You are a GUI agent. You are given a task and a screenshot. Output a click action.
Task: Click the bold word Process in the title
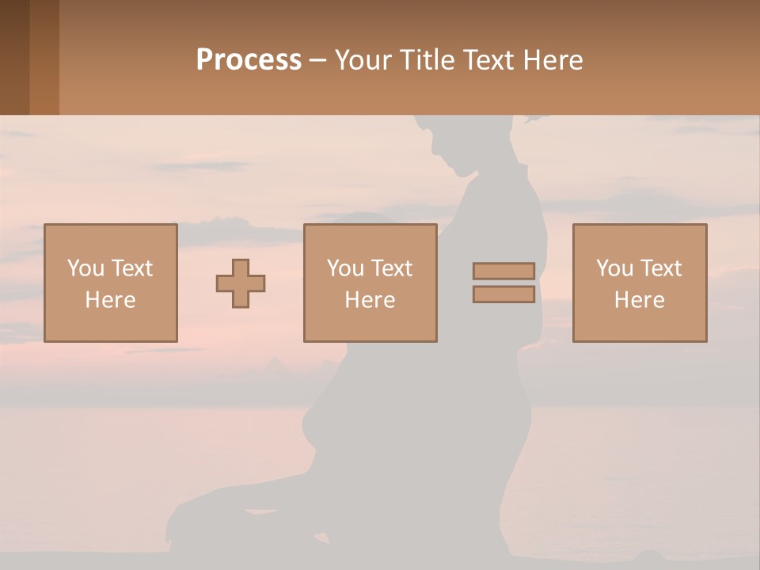249,60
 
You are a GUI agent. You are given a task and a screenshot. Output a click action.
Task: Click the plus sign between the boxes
241,283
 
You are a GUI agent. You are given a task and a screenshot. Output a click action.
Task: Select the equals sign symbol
503,283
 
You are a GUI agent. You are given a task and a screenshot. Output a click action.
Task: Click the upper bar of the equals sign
503,271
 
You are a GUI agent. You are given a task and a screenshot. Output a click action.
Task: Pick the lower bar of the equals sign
503,294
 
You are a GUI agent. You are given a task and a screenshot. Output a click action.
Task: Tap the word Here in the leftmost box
110,300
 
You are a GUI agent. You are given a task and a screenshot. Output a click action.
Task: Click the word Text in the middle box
391,268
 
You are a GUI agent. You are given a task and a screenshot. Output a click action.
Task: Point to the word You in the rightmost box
614,268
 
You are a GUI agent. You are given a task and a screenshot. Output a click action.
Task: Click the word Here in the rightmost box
639,300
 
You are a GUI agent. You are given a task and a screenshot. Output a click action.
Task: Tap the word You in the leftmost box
85,268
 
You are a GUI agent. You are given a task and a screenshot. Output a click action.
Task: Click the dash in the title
318,60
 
